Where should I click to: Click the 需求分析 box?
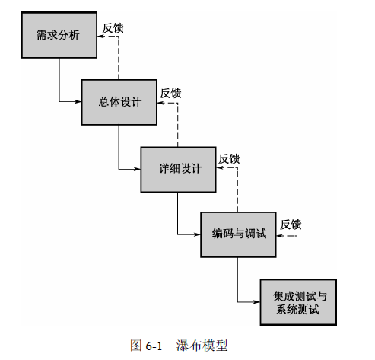(59, 35)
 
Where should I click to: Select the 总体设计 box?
(119, 102)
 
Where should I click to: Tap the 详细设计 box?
(179, 170)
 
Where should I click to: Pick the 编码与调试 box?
(238, 234)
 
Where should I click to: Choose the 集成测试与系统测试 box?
(298, 302)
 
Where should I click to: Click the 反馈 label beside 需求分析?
(113, 28)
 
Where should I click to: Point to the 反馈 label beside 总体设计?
(170, 94)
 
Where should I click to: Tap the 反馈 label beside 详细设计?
(229, 159)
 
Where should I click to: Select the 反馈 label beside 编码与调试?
(291, 225)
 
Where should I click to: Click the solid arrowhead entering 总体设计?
(78, 102)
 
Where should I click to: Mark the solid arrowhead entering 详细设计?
(137, 169)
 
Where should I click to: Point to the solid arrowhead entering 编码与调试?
(197, 234)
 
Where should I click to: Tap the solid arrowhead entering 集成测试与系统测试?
(256, 302)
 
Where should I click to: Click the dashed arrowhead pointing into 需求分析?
(101, 37)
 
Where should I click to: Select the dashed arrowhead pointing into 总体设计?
(160, 103)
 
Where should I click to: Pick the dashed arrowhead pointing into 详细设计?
(220, 167)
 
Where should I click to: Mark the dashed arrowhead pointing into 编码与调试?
(280, 236)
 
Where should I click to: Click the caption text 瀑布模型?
(202, 346)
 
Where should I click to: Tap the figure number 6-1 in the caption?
(154, 346)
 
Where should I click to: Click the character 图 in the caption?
(136, 346)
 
